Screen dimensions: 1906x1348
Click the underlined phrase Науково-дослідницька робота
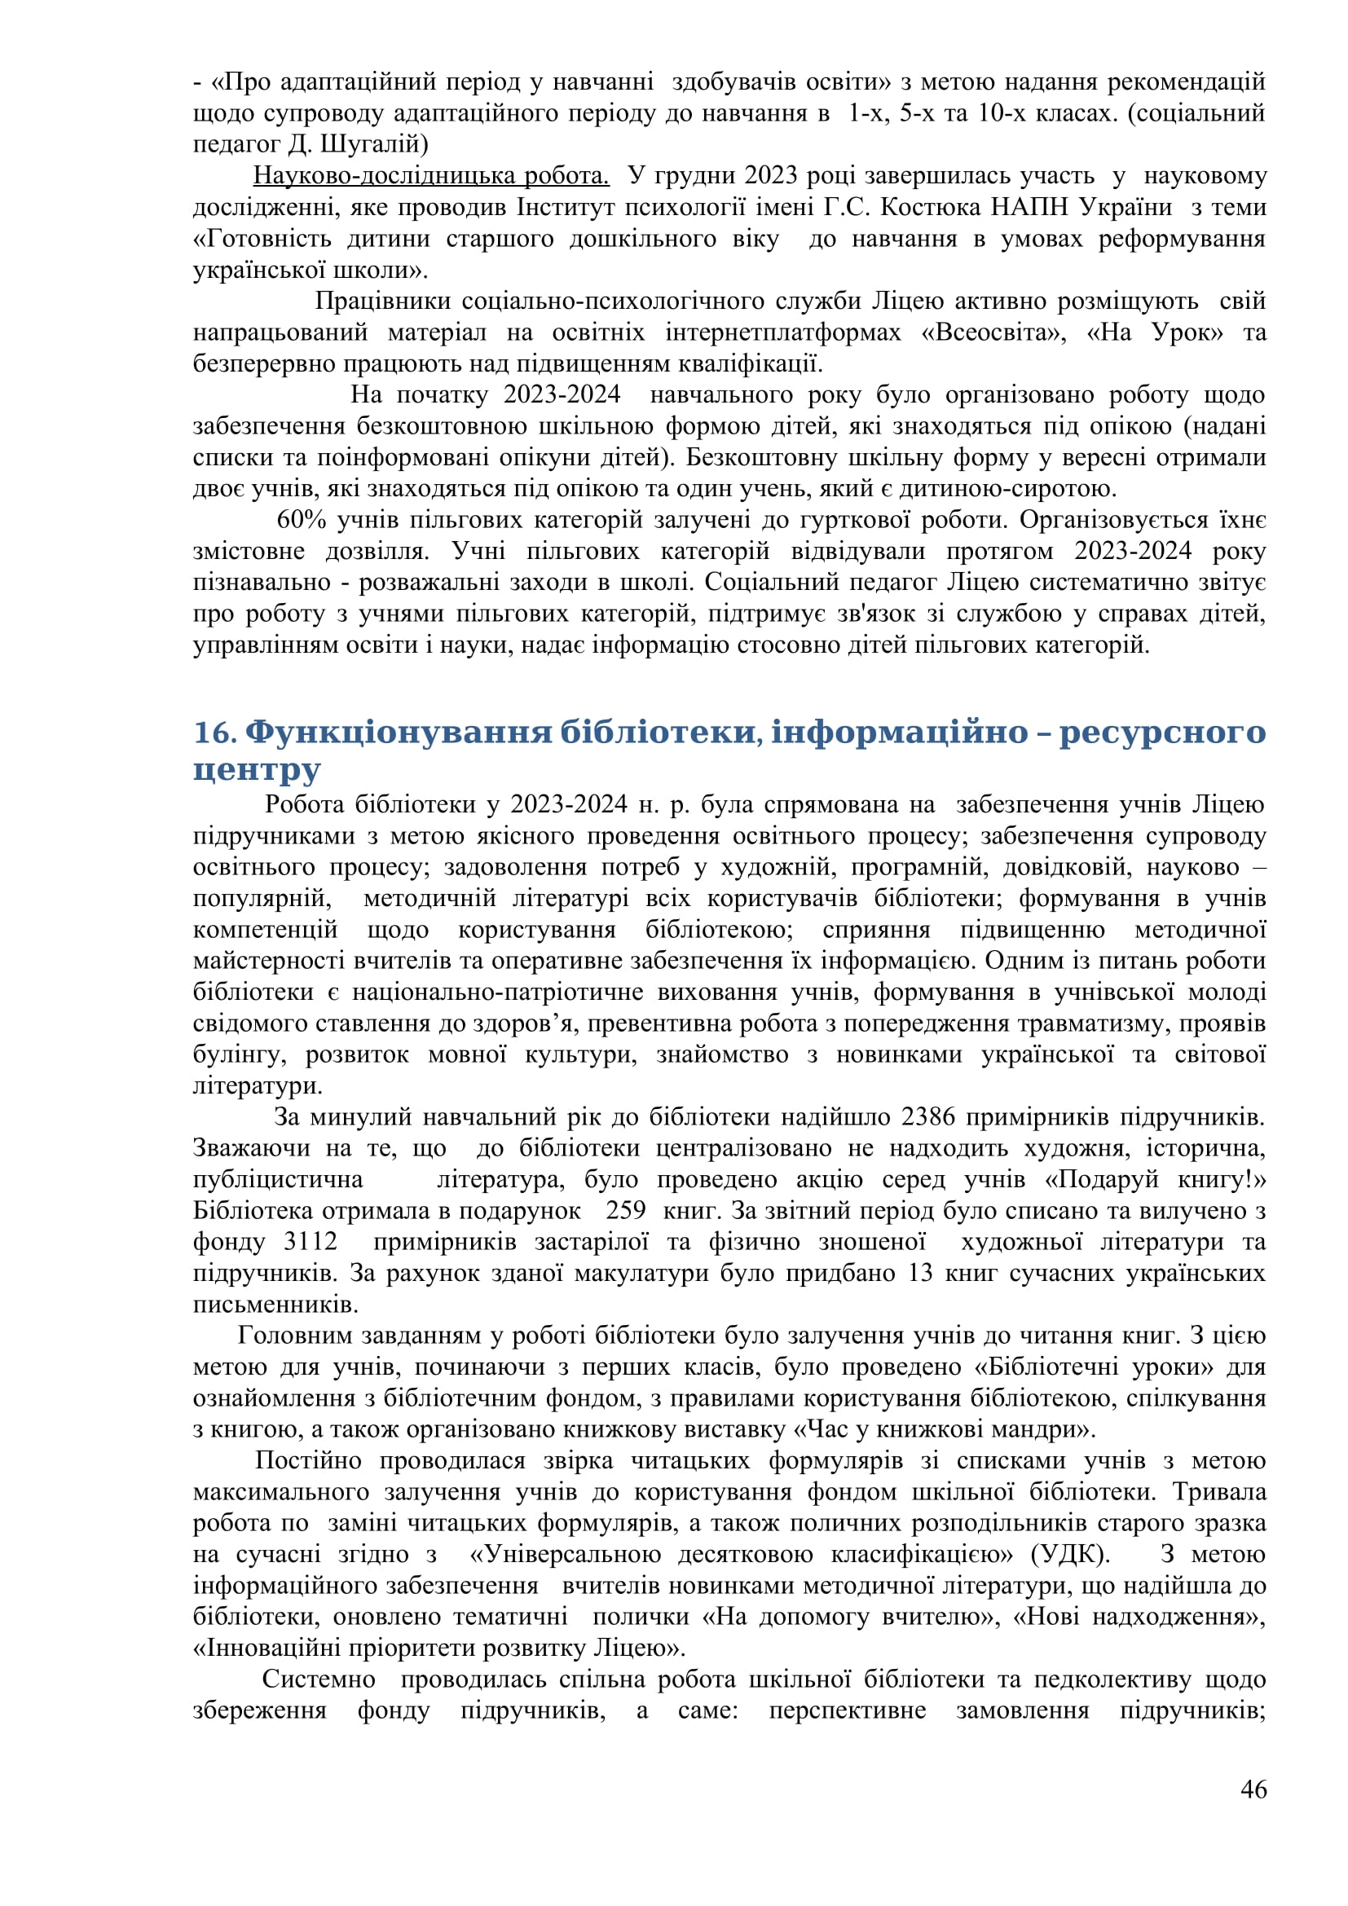tap(431, 176)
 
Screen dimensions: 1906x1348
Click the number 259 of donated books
tap(625, 1211)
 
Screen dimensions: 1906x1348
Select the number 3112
tap(311, 1242)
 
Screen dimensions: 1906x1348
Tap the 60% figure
tap(302, 521)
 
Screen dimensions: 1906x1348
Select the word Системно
tap(318, 1679)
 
